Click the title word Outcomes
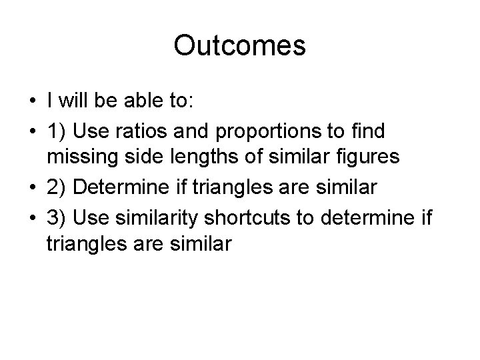239,46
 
